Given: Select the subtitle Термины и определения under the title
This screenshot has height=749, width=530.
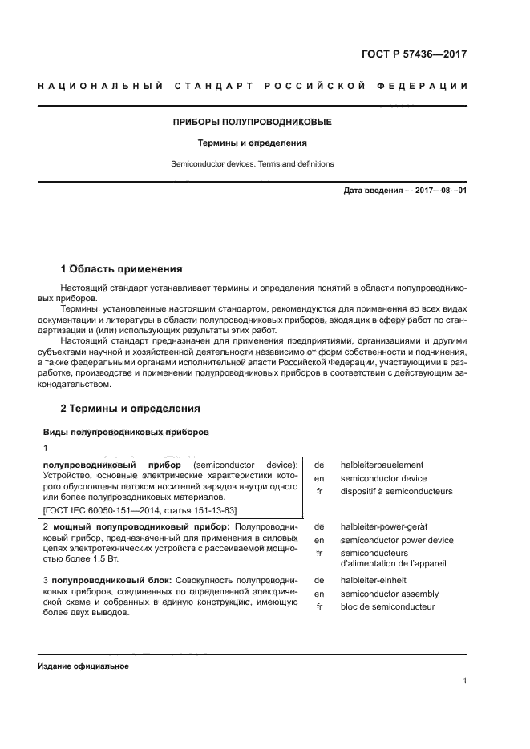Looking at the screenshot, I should (253, 143).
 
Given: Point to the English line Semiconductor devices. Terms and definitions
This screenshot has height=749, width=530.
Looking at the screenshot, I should (253, 164).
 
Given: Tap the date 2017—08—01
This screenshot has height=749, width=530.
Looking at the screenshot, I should (438, 191).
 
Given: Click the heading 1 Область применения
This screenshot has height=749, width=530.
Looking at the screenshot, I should (122, 268).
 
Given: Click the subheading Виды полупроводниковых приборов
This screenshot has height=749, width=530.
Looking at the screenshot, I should (126, 432).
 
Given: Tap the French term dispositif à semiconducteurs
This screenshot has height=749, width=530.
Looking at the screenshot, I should (396, 491).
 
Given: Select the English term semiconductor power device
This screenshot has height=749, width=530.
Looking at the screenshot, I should (396, 540).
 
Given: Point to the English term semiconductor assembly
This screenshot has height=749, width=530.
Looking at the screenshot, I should (389, 594).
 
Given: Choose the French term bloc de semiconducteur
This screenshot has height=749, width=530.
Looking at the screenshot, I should (387, 606).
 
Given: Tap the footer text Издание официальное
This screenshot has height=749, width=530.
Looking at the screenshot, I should (83, 666).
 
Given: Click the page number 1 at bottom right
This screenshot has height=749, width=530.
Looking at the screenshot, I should (465, 681).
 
